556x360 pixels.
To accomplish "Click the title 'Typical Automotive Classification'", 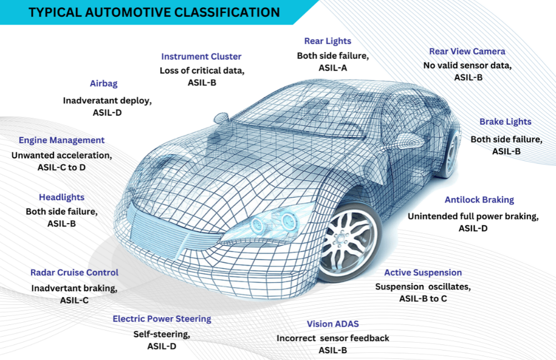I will tap(154, 12).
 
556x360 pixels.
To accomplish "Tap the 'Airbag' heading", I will tap(104, 83).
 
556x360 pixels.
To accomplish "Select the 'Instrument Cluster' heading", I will tap(201, 56).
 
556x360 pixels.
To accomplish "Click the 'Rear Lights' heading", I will tap(327, 41).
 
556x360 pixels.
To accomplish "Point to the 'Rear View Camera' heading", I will tap(467, 51).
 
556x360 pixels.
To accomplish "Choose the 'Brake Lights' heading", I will tap(505, 121).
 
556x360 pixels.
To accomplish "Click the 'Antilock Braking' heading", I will tap(479, 200).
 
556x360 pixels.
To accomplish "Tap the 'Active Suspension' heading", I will tap(423, 273).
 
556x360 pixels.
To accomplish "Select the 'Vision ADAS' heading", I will tap(333, 324).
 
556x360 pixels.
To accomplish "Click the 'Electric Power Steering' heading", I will tap(162, 319).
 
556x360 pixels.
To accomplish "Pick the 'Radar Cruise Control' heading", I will tap(75, 273).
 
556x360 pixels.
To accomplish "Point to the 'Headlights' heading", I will tap(62, 197).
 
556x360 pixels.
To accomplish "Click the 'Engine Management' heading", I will tap(62, 140).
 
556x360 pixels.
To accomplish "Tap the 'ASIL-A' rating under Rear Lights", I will tap(332, 68).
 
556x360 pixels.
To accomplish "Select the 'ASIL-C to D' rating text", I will tap(61, 167).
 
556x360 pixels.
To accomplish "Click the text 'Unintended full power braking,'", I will tap(473, 216).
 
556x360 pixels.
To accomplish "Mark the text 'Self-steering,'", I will tap(162, 334).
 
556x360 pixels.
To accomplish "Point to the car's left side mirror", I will tap(221, 117).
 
